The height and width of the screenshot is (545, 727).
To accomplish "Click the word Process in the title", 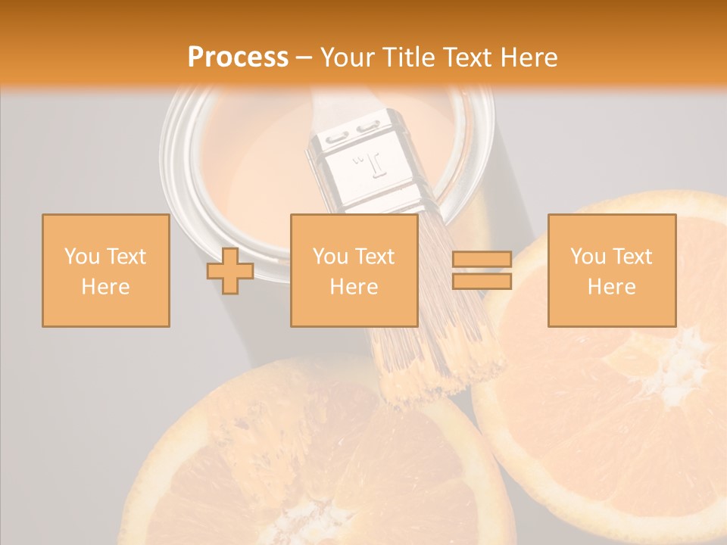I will coord(238,58).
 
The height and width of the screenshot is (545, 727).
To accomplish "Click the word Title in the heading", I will coord(408,58).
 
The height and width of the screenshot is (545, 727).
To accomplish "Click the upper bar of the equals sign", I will coord(482,260).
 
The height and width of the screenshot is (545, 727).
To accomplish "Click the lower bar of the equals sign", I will coord(482,282).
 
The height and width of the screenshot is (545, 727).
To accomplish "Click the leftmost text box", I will coord(106,270).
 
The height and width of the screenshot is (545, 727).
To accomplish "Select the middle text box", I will coord(354,270).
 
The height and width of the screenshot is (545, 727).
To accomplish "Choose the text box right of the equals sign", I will coord(611,270).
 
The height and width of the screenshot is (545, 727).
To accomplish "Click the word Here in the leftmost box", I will coord(106,286).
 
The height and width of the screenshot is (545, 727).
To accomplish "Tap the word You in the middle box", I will coord(330,257).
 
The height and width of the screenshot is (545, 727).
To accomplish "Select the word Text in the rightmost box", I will coord(632,257).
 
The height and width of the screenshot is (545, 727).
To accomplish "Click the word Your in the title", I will coord(348,58).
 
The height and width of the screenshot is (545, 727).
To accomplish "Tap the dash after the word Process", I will coord(304,58).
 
